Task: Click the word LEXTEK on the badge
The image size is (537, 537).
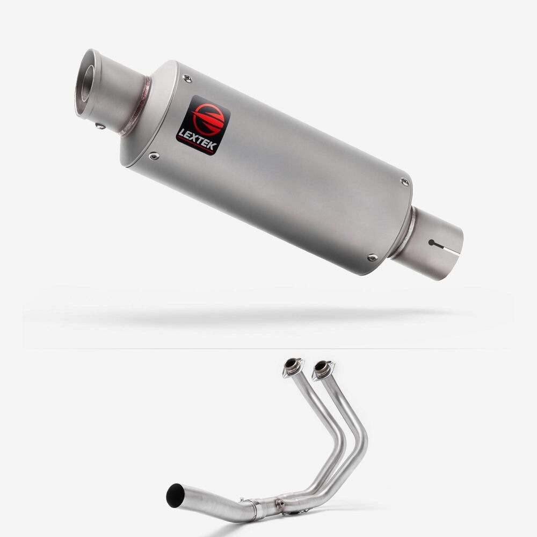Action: (x=197, y=139)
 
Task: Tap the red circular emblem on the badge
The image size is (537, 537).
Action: (x=208, y=118)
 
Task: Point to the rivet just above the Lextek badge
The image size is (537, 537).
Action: (x=187, y=78)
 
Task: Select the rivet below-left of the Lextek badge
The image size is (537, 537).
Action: (x=154, y=156)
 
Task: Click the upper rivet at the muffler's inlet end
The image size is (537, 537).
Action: (x=405, y=182)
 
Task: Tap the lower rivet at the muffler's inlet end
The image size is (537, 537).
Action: (x=372, y=257)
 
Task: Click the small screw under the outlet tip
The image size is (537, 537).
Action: (x=100, y=126)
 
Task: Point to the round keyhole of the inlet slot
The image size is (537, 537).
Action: (x=432, y=243)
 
